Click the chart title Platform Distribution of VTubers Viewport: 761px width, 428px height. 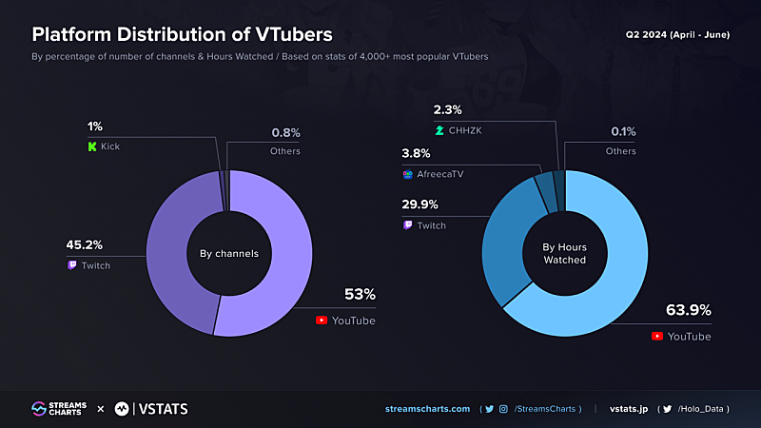click(183, 34)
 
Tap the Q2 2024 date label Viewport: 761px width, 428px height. click(677, 34)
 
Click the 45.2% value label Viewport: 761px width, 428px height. click(83, 245)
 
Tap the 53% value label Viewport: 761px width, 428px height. click(361, 295)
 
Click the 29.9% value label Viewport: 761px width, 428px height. click(421, 204)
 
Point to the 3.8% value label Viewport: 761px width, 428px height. click(417, 153)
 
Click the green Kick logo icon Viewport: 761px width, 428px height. click(92, 147)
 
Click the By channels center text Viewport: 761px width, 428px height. click(229, 254)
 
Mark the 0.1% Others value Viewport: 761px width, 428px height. click(624, 132)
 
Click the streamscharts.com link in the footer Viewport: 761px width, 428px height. click(427, 409)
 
